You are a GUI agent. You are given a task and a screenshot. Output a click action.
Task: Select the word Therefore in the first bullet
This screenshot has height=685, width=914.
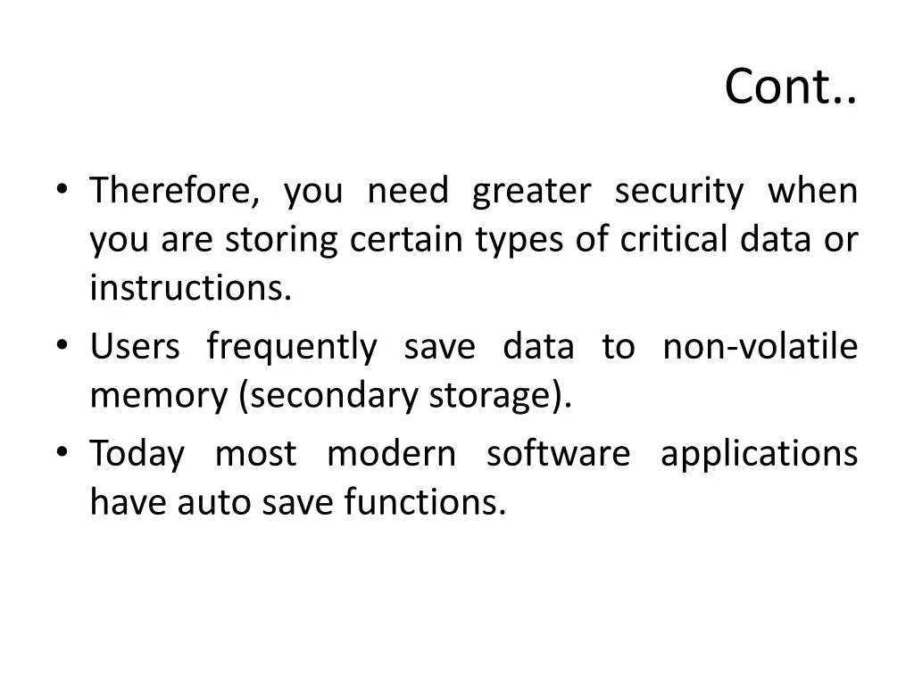coord(175,192)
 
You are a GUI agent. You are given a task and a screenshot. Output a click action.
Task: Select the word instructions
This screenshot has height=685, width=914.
coord(190,289)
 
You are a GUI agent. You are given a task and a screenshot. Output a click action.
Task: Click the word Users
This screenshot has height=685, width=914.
coord(135,347)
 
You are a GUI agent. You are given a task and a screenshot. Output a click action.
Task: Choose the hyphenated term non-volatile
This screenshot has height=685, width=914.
coord(760,347)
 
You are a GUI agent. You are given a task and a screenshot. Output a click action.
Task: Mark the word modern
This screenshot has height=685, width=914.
coord(391,454)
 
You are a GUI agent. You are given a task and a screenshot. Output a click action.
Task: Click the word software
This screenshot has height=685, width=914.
coord(558,454)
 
